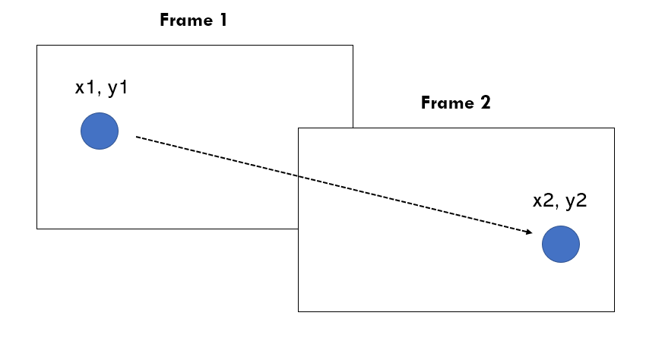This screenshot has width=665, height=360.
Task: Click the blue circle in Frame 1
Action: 100,131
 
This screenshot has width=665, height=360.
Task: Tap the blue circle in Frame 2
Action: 561,244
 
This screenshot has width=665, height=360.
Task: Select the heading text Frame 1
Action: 193,21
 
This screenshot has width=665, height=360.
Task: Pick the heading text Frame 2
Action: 455,103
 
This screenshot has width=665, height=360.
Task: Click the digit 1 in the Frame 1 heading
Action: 223,21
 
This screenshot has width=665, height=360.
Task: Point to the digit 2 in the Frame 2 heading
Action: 485,103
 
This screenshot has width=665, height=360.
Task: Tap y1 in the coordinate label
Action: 118,88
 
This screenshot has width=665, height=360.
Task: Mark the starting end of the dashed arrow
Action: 136,137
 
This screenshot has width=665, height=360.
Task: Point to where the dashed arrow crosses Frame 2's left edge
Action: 298,176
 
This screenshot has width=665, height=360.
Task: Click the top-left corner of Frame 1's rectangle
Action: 37,45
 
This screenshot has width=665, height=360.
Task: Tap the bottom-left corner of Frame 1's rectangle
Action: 37,228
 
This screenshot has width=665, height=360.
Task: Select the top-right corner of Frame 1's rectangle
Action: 353,45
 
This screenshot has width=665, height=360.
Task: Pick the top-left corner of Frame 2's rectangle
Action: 298,128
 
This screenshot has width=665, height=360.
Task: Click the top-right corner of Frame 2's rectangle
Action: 614,128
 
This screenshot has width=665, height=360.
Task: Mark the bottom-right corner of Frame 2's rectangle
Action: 614,311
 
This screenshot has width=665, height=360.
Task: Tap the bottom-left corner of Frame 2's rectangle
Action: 298,311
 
